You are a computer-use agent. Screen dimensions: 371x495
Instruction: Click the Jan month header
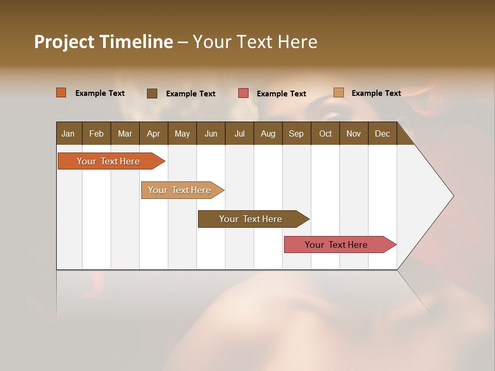click(68, 133)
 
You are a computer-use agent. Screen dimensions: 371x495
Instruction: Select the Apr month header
click(153, 133)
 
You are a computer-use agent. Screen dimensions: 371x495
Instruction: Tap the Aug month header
click(268, 133)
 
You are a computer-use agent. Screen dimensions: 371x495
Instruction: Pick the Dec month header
click(382, 133)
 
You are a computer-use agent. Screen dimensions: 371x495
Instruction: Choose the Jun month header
click(210, 133)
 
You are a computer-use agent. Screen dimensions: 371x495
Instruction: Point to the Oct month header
click(325, 133)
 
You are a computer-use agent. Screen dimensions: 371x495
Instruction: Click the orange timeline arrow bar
click(108, 161)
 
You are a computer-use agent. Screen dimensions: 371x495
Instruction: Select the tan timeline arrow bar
click(179, 190)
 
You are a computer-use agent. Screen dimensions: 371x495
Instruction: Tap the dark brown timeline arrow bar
click(251, 219)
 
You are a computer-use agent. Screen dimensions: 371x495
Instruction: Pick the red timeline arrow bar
click(336, 245)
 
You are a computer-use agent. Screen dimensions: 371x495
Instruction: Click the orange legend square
click(61, 93)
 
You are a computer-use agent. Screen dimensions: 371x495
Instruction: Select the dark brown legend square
click(152, 93)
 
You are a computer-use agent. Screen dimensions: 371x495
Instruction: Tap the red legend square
click(243, 93)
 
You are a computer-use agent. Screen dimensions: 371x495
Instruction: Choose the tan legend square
click(339, 93)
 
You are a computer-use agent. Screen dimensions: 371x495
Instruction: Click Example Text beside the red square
click(281, 94)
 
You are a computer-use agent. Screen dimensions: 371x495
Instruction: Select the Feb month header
click(96, 133)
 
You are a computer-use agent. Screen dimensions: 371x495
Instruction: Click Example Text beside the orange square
click(100, 93)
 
